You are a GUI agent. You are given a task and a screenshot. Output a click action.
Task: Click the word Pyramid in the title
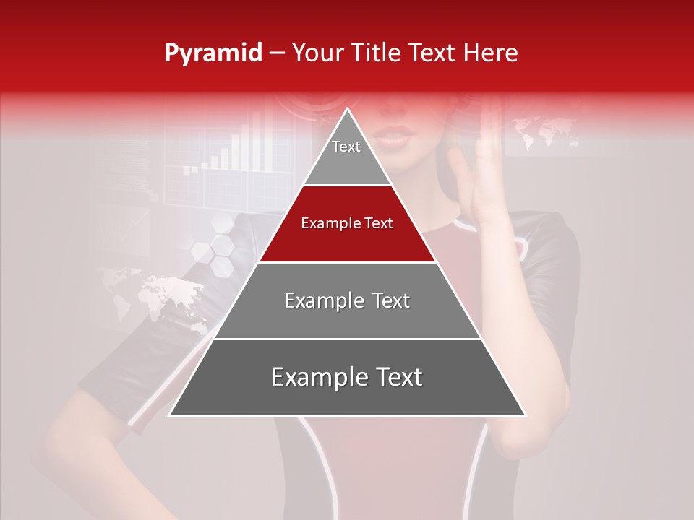(213, 53)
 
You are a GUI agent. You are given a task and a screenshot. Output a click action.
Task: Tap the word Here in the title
(491, 53)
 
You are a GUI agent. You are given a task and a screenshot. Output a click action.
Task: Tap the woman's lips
(394, 135)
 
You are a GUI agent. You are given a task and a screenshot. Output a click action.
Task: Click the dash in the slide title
(278, 53)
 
